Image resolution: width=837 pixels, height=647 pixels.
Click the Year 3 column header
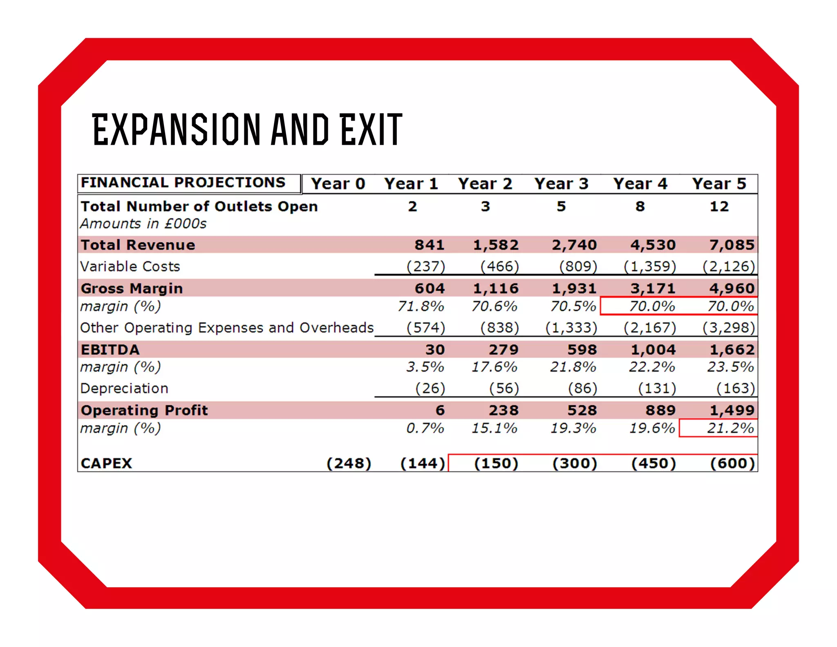tap(561, 184)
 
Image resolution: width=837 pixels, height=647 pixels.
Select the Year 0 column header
tap(338, 184)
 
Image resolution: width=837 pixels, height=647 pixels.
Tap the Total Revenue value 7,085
tap(732, 245)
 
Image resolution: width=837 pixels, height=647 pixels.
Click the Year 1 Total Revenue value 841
tap(429, 245)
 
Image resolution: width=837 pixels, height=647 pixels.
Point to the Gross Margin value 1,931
tap(574, 288)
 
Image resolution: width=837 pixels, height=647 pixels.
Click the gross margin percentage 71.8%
tap(421, 306)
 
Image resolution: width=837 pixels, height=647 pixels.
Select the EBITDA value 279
tap(504, 350)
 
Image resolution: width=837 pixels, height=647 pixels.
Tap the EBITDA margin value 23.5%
tap(730, 367)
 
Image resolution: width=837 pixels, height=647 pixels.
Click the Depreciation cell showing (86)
tap(582, 388)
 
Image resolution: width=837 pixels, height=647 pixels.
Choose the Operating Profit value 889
tap(660, 410)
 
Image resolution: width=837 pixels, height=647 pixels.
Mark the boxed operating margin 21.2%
tap(730, 428)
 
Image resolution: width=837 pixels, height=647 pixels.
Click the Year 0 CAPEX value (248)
tap(349, 463)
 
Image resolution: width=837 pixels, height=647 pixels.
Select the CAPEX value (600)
tap(732, 463)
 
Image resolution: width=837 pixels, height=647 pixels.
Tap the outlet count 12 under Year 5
tap(719, 207)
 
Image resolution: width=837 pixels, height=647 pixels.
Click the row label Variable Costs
tap(130, 267)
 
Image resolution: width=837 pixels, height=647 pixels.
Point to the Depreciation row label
tap(124, 388)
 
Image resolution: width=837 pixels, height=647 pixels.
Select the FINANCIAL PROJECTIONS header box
tap(183, 182)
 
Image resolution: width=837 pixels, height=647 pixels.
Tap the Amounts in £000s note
tap(143, 224)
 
